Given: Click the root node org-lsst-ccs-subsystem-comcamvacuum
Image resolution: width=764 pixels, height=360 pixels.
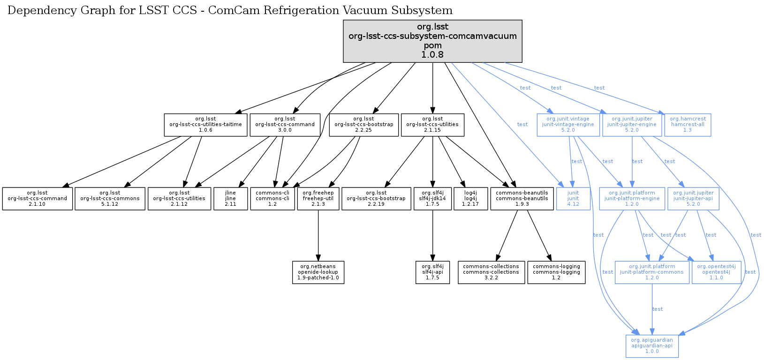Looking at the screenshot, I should pyautogui.click(x=432, y=41).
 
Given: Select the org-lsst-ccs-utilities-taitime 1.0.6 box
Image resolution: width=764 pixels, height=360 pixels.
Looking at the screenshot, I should pyautogui.click(x=205, y=125).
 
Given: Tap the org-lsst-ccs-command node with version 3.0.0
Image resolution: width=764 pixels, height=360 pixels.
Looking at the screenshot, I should pyautogui.click(x=285, y=125).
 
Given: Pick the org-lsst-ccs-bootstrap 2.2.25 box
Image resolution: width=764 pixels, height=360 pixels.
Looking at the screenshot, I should pyautogui.click(x=363, y=125).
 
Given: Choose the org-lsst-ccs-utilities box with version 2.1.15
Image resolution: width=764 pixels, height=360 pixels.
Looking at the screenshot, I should pyautogui.click(x=432, y=125).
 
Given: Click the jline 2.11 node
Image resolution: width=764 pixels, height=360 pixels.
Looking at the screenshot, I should pyautogui.click(x=230, y=199).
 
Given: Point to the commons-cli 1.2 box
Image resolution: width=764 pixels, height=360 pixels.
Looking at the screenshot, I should pyautogui.click(x=272, y=199).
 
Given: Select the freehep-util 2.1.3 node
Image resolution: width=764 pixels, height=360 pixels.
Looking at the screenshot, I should pyautogui.click(x=318, y=199).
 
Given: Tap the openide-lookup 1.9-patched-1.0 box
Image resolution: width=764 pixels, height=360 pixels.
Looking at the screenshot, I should pyautogui.click(x=318, y=272).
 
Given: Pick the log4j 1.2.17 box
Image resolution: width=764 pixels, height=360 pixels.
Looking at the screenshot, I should pyautogui.click(x=471, y=199).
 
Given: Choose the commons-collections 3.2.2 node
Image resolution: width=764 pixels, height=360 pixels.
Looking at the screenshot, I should pyautogui.click(x=491, y=272).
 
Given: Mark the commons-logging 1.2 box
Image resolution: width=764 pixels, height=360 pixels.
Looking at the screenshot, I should pyautogui.click(x=556, y=272).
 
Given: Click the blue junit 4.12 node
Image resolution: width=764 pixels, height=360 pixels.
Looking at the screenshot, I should pyautogui.click(x=573, y=199).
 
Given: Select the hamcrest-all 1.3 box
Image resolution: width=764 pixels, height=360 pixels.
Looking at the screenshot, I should pyautogui.click(x=688, y=125).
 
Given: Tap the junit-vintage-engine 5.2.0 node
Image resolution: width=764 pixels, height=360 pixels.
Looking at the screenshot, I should pyautogui.click(x=568, y=125).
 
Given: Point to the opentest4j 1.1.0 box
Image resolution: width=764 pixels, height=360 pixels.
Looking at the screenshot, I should pyautogui.click(x=716, y=272).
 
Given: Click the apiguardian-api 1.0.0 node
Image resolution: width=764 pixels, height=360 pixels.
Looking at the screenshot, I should pyautogui.click(x=652, y=346).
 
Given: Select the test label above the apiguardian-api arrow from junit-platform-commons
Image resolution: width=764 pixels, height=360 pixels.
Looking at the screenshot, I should pyautogui.click(x=658, y=309).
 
